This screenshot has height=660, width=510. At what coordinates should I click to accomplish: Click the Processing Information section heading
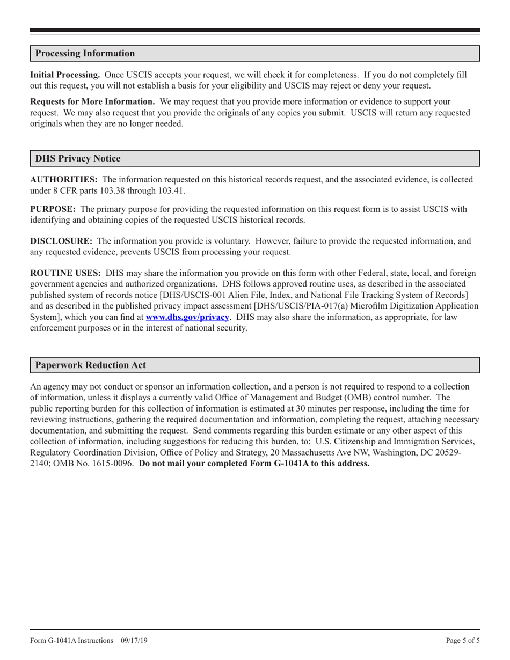[85, 54]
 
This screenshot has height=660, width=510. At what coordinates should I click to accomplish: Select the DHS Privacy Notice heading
[78, 159]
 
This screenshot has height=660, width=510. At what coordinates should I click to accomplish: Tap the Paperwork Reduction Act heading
[90, 365]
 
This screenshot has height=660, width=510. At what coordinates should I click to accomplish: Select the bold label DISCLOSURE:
[60, 241]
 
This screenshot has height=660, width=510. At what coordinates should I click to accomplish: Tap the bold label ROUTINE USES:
[65, 273]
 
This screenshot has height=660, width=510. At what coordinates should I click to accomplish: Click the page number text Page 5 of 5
[463, 640]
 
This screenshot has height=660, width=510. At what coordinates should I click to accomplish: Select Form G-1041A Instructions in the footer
[71, 640]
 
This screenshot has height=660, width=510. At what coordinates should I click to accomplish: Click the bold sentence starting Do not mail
[254, 464]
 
